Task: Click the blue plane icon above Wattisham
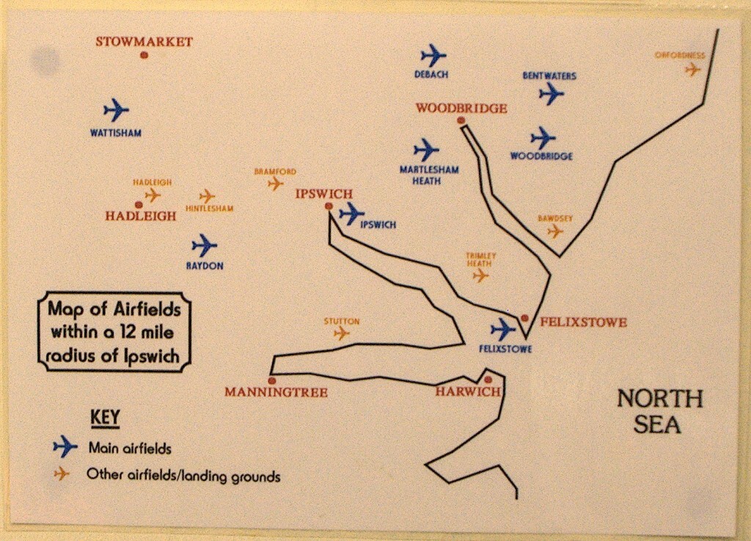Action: pyautogui.click(x=116, y=110)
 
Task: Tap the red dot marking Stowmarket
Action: pyautogui.click(x=144, y=55)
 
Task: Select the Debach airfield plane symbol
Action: pyautogui.click(x=433, y=55)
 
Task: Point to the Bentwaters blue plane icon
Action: pyautogui.click(x=551, y=93)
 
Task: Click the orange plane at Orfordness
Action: pyautogui.click(x=692, y=70)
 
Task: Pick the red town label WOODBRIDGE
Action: pyautogui.click(x=461, y=108)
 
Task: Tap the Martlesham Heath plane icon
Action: pyautogui.click(x=425, y=150)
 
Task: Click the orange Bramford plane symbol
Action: pyautogui.click(x=275, y=183)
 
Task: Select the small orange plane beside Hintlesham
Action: pyautogui.click(x=207, y=196)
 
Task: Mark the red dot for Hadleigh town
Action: pyautogui.click(x=139, y=205)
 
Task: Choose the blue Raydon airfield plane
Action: pyautogui.click(x=204, y=245)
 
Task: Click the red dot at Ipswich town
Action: pyautogui.click(x=329, y=207)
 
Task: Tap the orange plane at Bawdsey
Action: pyautogui.click(x=555, y=231)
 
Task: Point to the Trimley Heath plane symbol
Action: pyautogui.click(x=480, y=275)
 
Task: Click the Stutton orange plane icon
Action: pyautogui.click(x=341, y=333)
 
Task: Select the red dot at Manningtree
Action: pyautogui.click(x=272, y=380)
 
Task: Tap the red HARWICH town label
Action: pyautogui.click(x=468, y=391)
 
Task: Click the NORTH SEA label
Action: pyautogui.click(x=659, y=411)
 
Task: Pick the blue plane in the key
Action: pyautogui.click(x=65, y=446)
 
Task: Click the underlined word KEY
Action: pyautogui.click(x=105, y=418)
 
